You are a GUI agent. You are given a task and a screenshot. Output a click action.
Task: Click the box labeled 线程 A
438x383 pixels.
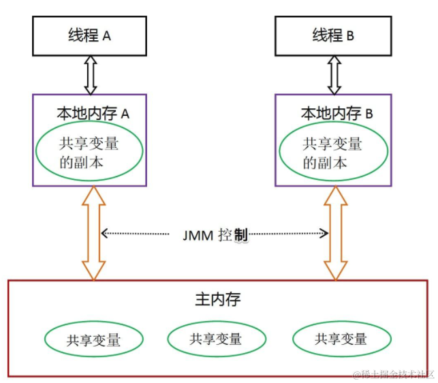tap(89, 36)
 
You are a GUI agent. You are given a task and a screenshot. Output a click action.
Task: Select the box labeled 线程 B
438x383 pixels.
tap(333, 36)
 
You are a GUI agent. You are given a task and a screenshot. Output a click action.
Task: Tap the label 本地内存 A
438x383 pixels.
tap(93, 113)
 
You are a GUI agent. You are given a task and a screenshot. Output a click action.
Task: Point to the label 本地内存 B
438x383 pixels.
tap(337, 113)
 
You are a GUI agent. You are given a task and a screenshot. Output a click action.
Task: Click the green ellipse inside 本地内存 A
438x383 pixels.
tap(89, 153)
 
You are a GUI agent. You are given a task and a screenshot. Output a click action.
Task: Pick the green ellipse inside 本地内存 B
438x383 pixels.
tap(333, 153)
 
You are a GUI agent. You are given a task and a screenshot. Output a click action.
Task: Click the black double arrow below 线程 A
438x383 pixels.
tap(90, 75)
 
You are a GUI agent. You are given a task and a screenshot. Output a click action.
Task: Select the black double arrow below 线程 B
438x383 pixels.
tap(334, 75)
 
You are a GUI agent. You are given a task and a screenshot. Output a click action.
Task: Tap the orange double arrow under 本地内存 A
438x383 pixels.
tap(94, 232)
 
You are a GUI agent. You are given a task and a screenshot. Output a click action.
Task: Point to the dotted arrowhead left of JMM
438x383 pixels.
tap(104, 234)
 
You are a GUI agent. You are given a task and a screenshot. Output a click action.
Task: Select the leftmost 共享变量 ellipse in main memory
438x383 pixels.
tap(94, 339)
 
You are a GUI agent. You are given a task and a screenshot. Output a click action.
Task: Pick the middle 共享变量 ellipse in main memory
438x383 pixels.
tap(216, 338)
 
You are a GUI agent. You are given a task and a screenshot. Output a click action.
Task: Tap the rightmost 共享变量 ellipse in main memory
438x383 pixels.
tap(341, 339)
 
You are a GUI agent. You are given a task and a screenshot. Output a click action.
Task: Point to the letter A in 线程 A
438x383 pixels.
tap(106, 37)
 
